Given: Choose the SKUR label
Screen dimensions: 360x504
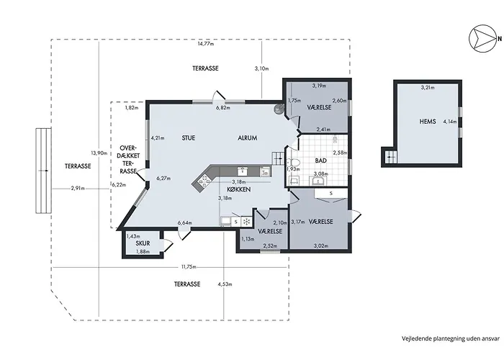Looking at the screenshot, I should [x=143, y=243].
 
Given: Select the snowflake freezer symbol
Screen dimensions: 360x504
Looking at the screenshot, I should [x=246, y=222].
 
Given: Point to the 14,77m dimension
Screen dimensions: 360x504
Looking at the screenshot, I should [x=207, y=45].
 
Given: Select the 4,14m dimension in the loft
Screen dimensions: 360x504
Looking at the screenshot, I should [x=450, y=121].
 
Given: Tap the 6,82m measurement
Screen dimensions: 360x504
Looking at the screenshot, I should [x=223, y=108].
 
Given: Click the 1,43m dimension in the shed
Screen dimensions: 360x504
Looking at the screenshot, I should [x=132, y=236].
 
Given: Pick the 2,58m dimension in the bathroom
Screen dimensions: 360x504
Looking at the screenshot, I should [x=339, y=153].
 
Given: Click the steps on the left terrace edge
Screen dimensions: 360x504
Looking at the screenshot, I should [x=42, y=171].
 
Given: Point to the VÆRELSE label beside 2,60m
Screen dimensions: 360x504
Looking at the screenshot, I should [x=319, y=107].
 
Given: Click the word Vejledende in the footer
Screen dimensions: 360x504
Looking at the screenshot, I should [x=416, y=336].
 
